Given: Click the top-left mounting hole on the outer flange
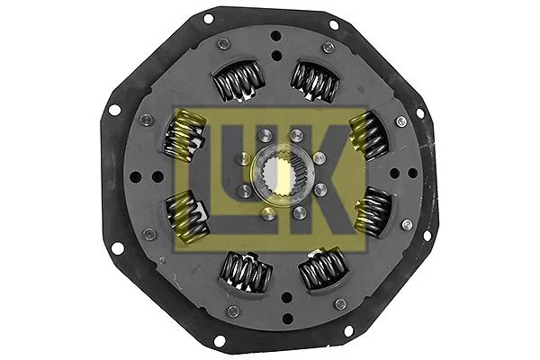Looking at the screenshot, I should click(x=209, y=17).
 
